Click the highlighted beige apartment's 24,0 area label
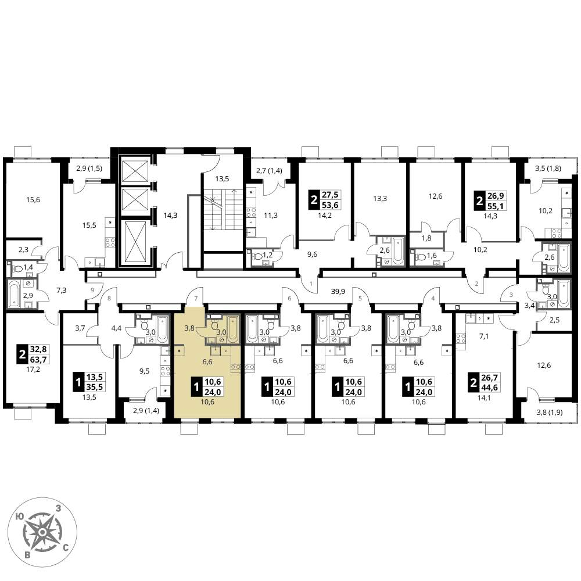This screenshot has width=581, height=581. pyautogui.click(x=213, y=392)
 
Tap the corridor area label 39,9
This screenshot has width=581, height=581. pyautogui.click(x=338, y=292)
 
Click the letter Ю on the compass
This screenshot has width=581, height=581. pyautogui.click(x=21, y=515)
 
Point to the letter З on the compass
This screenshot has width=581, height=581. pyautogui.click(x=58, y=509)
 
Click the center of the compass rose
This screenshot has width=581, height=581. pyautogui.click(x=43, y=532)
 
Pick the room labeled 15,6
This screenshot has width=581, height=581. pyautogui.click(x=33, y=200)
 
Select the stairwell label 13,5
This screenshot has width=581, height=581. pyautogui.click(x=222, y=179)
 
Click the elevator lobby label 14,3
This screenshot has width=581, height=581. pyautogui.click(x=170, y=216)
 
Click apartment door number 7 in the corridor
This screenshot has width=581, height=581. pyautogui.click(x=196, y=298)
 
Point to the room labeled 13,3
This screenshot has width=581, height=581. pyautogui.click(x=380, y=199)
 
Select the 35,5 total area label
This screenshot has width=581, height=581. pyautogui.click(x=95, y=387)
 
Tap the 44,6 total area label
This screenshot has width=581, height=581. pyautogui.click(x=489, y=387)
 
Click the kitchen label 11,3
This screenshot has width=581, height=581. pyautogui.click(x=271, y=216)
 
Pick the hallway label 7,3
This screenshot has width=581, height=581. pyautogui.click(x=61, y=290)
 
